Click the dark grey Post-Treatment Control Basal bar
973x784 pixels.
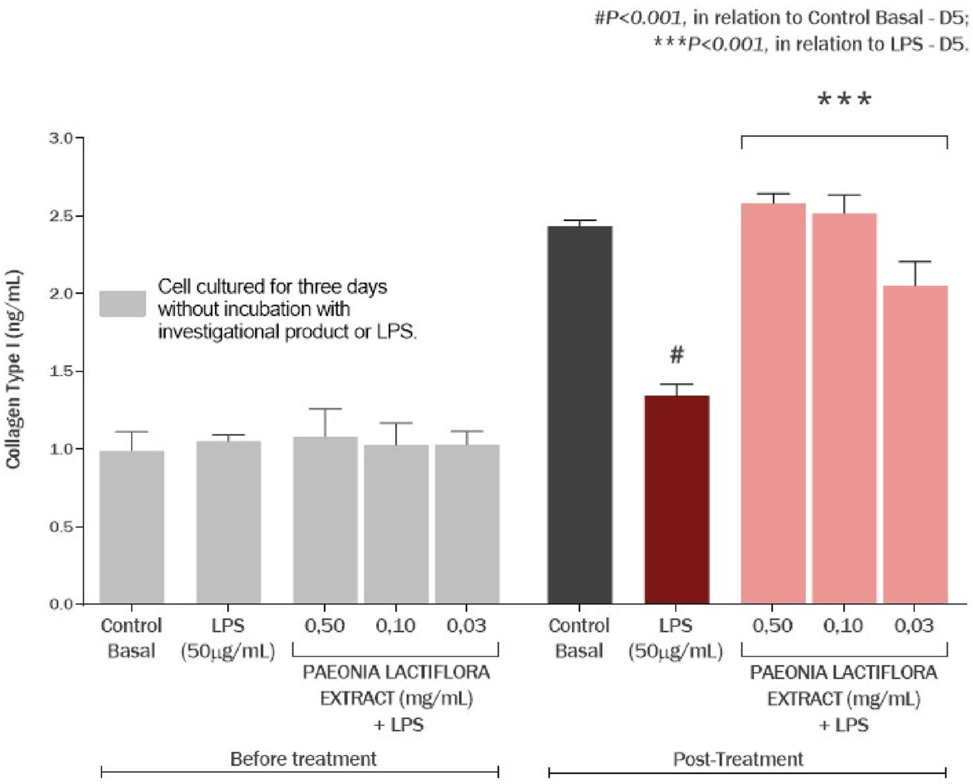pos(580,415)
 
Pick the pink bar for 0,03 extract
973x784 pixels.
pos(915,445)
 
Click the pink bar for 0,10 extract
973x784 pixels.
pos(844,409)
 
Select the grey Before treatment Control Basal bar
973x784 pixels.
pos(132,528)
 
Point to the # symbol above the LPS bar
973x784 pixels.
pos(677,355)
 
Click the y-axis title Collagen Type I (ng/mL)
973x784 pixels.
pos(14,369)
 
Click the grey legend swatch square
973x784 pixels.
pos(123,304)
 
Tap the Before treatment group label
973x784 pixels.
pos(303,759)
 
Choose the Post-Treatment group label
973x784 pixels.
pos(738,759)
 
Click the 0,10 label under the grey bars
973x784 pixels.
pos(395,626)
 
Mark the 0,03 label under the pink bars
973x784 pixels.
pos(914,626)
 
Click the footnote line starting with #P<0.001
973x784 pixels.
pos(781,18)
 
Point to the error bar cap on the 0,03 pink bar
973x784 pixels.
pos(915,262)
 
